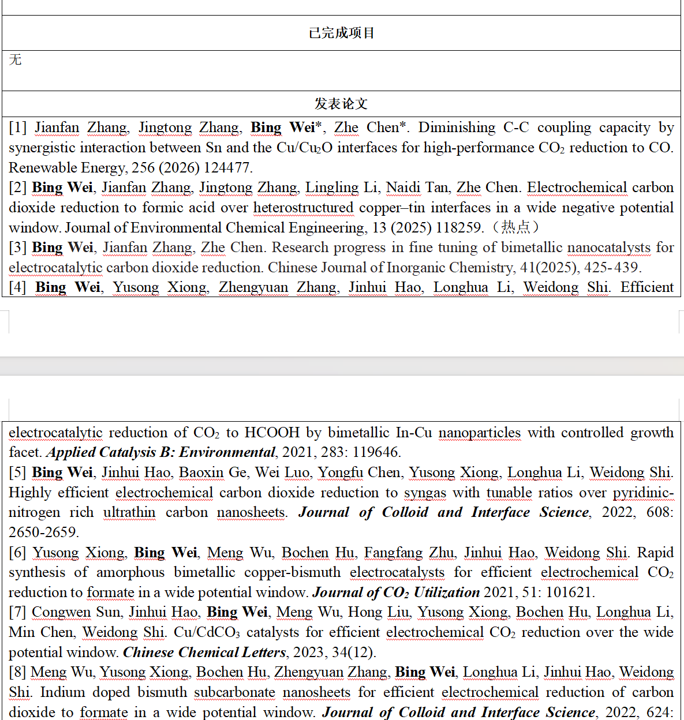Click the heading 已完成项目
pos(342,33)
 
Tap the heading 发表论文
pos(341,104)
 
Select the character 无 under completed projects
pos(16,59)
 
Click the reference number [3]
pos(18,247)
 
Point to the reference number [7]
pos(18,612)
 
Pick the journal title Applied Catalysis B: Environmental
pos(161,452)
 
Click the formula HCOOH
pos(272,433)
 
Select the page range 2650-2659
pos(44,532)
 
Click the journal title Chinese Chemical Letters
pos(205,652)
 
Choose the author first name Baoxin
pos(201,472)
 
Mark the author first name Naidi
pos(403,187)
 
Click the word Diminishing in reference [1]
pos(457,127)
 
